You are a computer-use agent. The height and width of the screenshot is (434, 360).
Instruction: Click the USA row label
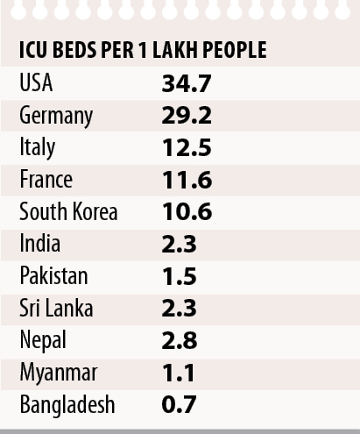[x=36, y=82]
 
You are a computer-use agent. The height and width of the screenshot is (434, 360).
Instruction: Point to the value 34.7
[x=187, y=84]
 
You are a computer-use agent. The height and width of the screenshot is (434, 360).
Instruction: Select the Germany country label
[x=56, y=117]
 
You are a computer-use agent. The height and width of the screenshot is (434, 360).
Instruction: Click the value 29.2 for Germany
[x=187, y=116]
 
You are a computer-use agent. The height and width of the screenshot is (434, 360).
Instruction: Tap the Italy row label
[x=37, y=148]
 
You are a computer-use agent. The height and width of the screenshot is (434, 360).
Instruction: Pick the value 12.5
[x=187, y=147]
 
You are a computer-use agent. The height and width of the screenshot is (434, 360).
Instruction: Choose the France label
[x=46, y=179]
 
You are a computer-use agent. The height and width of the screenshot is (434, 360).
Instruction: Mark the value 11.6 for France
[x=187, y=180]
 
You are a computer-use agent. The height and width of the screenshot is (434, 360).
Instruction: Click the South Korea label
[x=68, y=211]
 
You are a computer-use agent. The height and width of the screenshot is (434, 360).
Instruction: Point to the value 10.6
[x=187, y=211]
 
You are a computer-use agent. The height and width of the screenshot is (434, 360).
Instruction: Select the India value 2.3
[x=179, y=245]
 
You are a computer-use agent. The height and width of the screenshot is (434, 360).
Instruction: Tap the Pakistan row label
[x=53, y=275]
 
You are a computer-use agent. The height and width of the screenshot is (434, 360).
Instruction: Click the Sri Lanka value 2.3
[x=179, y=309]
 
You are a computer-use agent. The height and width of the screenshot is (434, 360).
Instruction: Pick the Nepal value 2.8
[x=180, y=340]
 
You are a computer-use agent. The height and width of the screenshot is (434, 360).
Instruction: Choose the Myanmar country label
[x=59, y=374]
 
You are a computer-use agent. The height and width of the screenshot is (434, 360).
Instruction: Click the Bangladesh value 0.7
[x=179, y=404]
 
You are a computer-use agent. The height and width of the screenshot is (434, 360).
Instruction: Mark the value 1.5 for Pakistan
[x=180, y=276]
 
